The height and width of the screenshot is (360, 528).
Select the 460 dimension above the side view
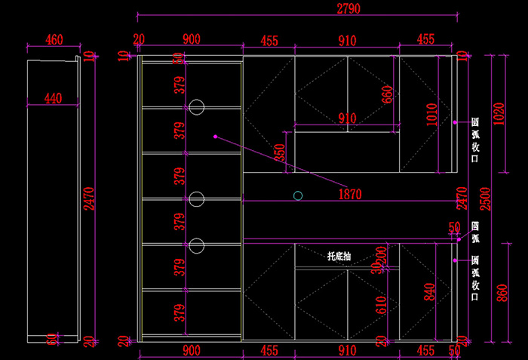pyautogui.click(x=54, y=39)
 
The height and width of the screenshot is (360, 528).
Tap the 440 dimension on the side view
pyautogui.click(x=52, y=98)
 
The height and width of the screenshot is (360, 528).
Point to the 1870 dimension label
pyautogui.click(x=350, y=194)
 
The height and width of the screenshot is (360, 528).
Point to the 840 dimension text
pyautogui.click(x=430, y=290)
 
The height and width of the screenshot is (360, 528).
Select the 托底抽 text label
pyautogui.click(x=339, y=257)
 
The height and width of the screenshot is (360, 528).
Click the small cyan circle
pyautogui.click(x=298, y=195)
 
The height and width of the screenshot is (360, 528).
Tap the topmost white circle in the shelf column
pyautogui.click(x=197, y=107)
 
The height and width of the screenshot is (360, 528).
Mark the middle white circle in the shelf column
pyautogui.click(x=197, y=198)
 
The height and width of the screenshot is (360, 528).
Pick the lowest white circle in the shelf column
pyautogui.click(x=197, y=245)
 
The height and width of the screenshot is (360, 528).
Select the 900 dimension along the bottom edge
pyautogui.click(x=191, y=349)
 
